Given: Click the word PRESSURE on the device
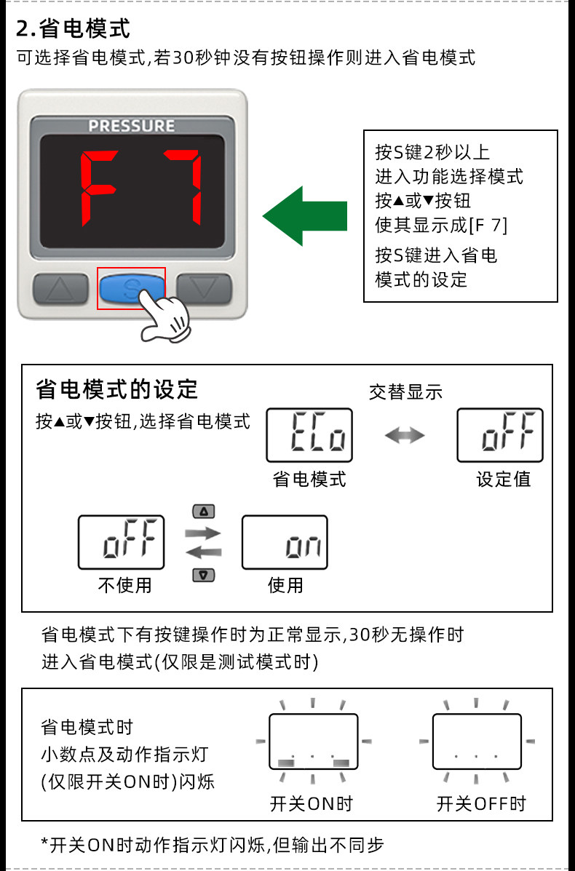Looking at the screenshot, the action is point(132,126).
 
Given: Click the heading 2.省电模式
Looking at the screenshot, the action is point(74,29).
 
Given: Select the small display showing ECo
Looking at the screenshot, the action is point(309,435).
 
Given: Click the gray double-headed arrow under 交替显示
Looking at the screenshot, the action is point(405,435).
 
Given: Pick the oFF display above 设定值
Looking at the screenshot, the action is point(500,435).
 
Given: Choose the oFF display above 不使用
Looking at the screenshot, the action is point(122,543).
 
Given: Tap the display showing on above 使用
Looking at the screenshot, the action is point(285,543).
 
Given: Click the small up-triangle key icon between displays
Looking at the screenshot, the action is point(203,511).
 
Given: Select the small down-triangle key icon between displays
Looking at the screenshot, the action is point(203,575).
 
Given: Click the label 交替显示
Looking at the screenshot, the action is point(405,391).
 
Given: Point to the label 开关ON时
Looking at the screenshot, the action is point(311,804).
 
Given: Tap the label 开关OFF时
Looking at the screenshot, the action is point(481,804).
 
